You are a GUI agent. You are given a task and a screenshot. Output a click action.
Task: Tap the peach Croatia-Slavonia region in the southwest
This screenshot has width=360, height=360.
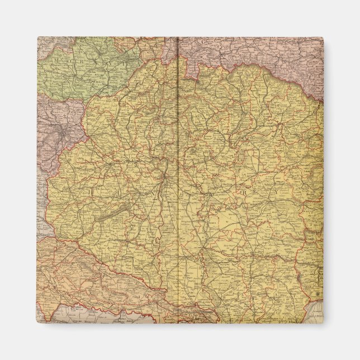point(84,268)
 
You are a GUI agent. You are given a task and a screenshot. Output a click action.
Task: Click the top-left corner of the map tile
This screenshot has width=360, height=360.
point(38,37)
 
